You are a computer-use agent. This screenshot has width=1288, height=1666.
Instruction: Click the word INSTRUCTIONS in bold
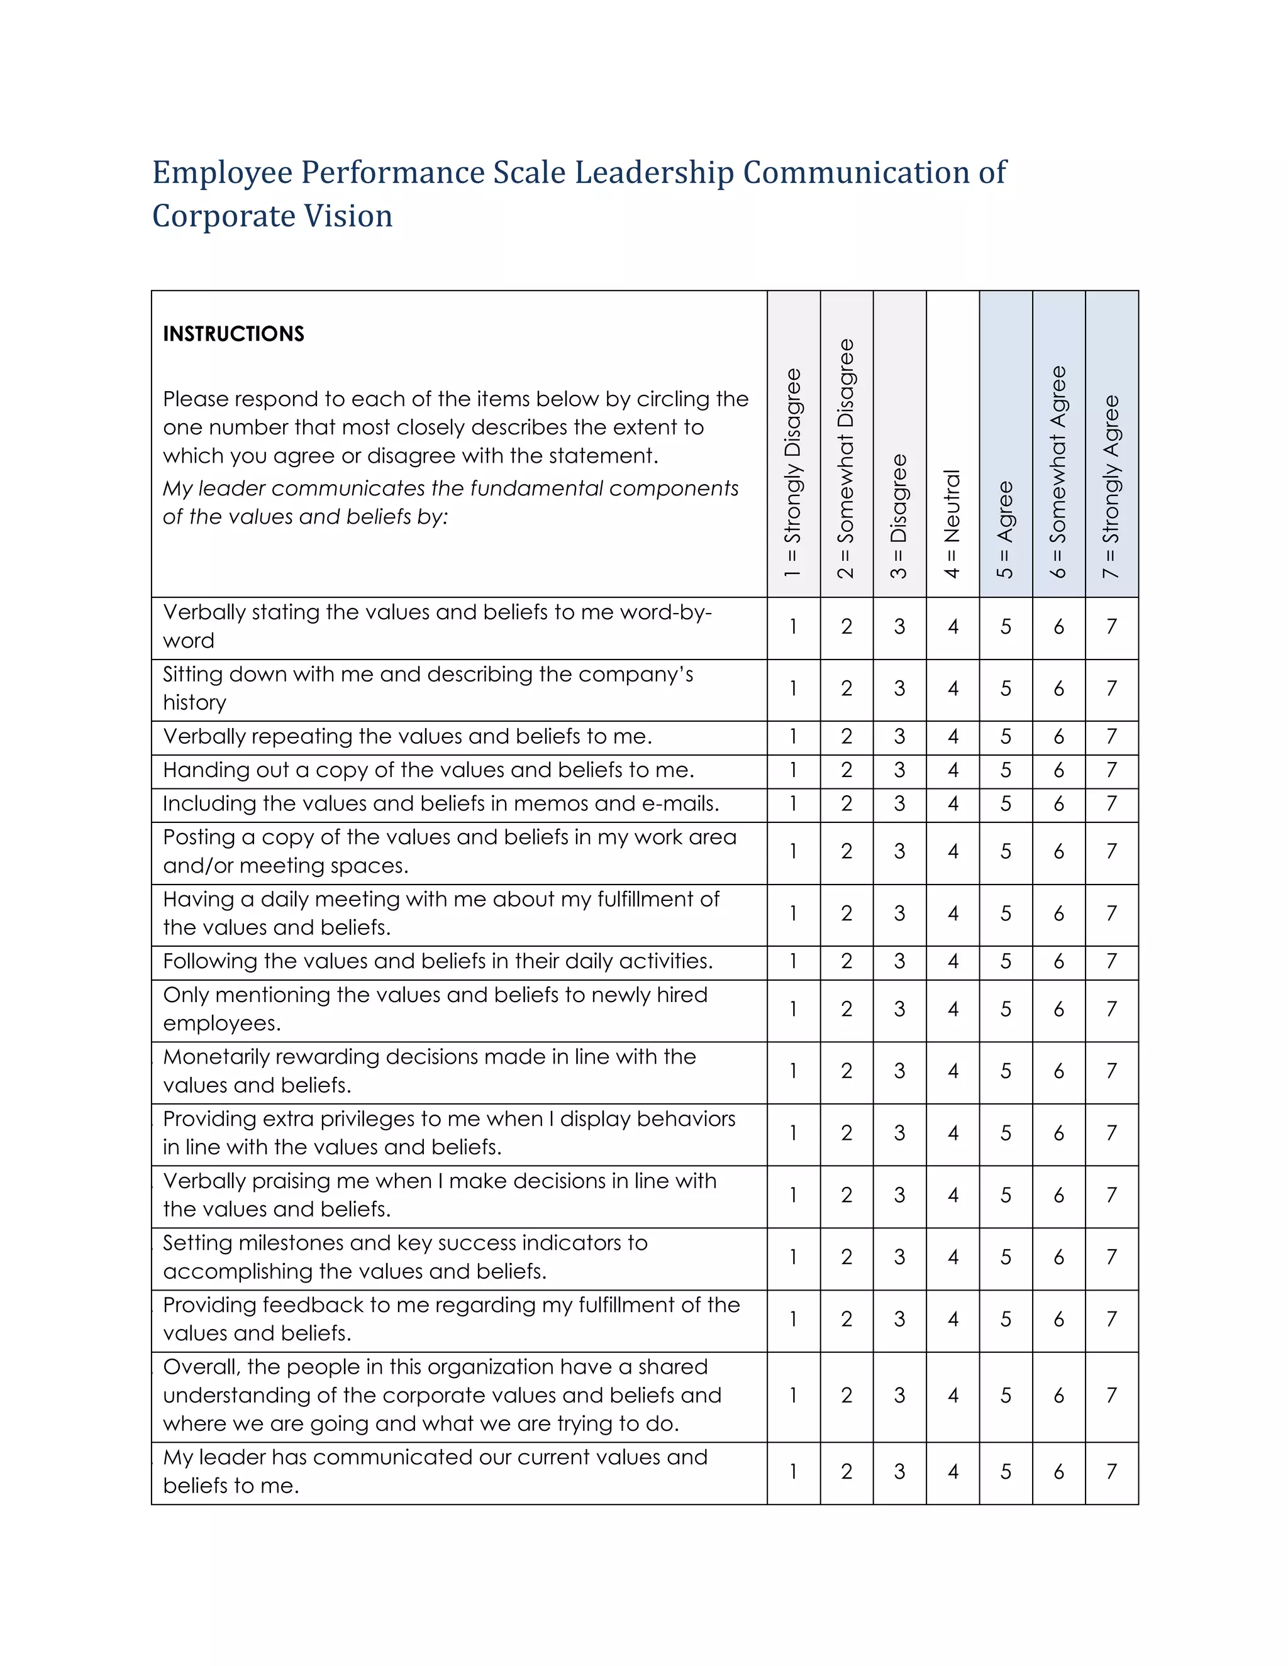[x=233, y=334]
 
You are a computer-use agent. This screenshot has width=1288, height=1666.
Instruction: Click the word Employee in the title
[x=222, y=172]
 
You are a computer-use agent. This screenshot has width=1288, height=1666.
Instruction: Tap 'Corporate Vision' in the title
[x=272, y=216]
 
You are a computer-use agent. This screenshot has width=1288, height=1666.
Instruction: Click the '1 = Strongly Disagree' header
[x=793, y=473]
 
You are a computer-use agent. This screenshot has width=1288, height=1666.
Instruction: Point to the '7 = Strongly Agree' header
[x=1111, y=486]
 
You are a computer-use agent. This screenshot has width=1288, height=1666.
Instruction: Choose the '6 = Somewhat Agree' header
[x=1058, y=472]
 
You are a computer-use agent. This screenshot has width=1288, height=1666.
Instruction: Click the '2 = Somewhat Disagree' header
[x=847, y=458]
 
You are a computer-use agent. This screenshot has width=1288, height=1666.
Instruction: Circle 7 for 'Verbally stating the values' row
[x=1111, y=627]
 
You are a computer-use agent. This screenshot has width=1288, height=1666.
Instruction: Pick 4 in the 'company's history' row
[x=952, y=689]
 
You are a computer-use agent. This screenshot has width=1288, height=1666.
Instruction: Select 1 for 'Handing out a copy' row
[x=793, y=771]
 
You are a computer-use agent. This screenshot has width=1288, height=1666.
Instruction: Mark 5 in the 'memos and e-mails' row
[x=1006, y=804]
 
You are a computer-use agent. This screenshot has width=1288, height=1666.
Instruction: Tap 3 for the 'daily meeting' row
[x=899, y=914]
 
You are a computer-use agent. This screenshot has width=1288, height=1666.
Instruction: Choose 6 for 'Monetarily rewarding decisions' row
[x=1058, y=1072]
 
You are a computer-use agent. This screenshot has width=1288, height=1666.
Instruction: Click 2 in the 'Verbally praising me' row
[x=847, y=1195]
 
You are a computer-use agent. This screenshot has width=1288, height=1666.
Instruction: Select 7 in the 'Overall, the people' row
[x=1111, y=1395]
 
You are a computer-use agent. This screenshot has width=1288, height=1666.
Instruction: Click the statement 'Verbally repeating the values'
[x=407, y=737]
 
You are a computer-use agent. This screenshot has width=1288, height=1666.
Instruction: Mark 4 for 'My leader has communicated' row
[x=952, y=1472]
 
